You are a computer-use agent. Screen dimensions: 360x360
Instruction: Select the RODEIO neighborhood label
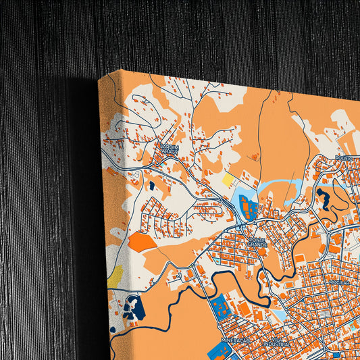pos(344,157)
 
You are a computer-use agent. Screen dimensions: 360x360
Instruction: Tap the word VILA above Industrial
pos(276,339)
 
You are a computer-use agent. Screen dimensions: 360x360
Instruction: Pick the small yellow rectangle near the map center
pos(228,180)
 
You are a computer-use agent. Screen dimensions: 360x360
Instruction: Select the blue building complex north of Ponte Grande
pos(248,207)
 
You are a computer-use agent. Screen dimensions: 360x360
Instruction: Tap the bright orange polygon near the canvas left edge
pos(142,242)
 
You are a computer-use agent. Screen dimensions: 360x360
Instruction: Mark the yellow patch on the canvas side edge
pos(115,275)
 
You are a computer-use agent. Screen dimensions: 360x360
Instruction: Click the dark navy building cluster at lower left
pos(132,307)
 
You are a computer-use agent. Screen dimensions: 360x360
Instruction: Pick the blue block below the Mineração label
pos(217,352)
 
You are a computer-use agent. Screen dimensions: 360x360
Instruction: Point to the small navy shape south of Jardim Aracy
pos(152,184)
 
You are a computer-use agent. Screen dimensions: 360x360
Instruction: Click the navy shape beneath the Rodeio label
pos(323,197)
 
